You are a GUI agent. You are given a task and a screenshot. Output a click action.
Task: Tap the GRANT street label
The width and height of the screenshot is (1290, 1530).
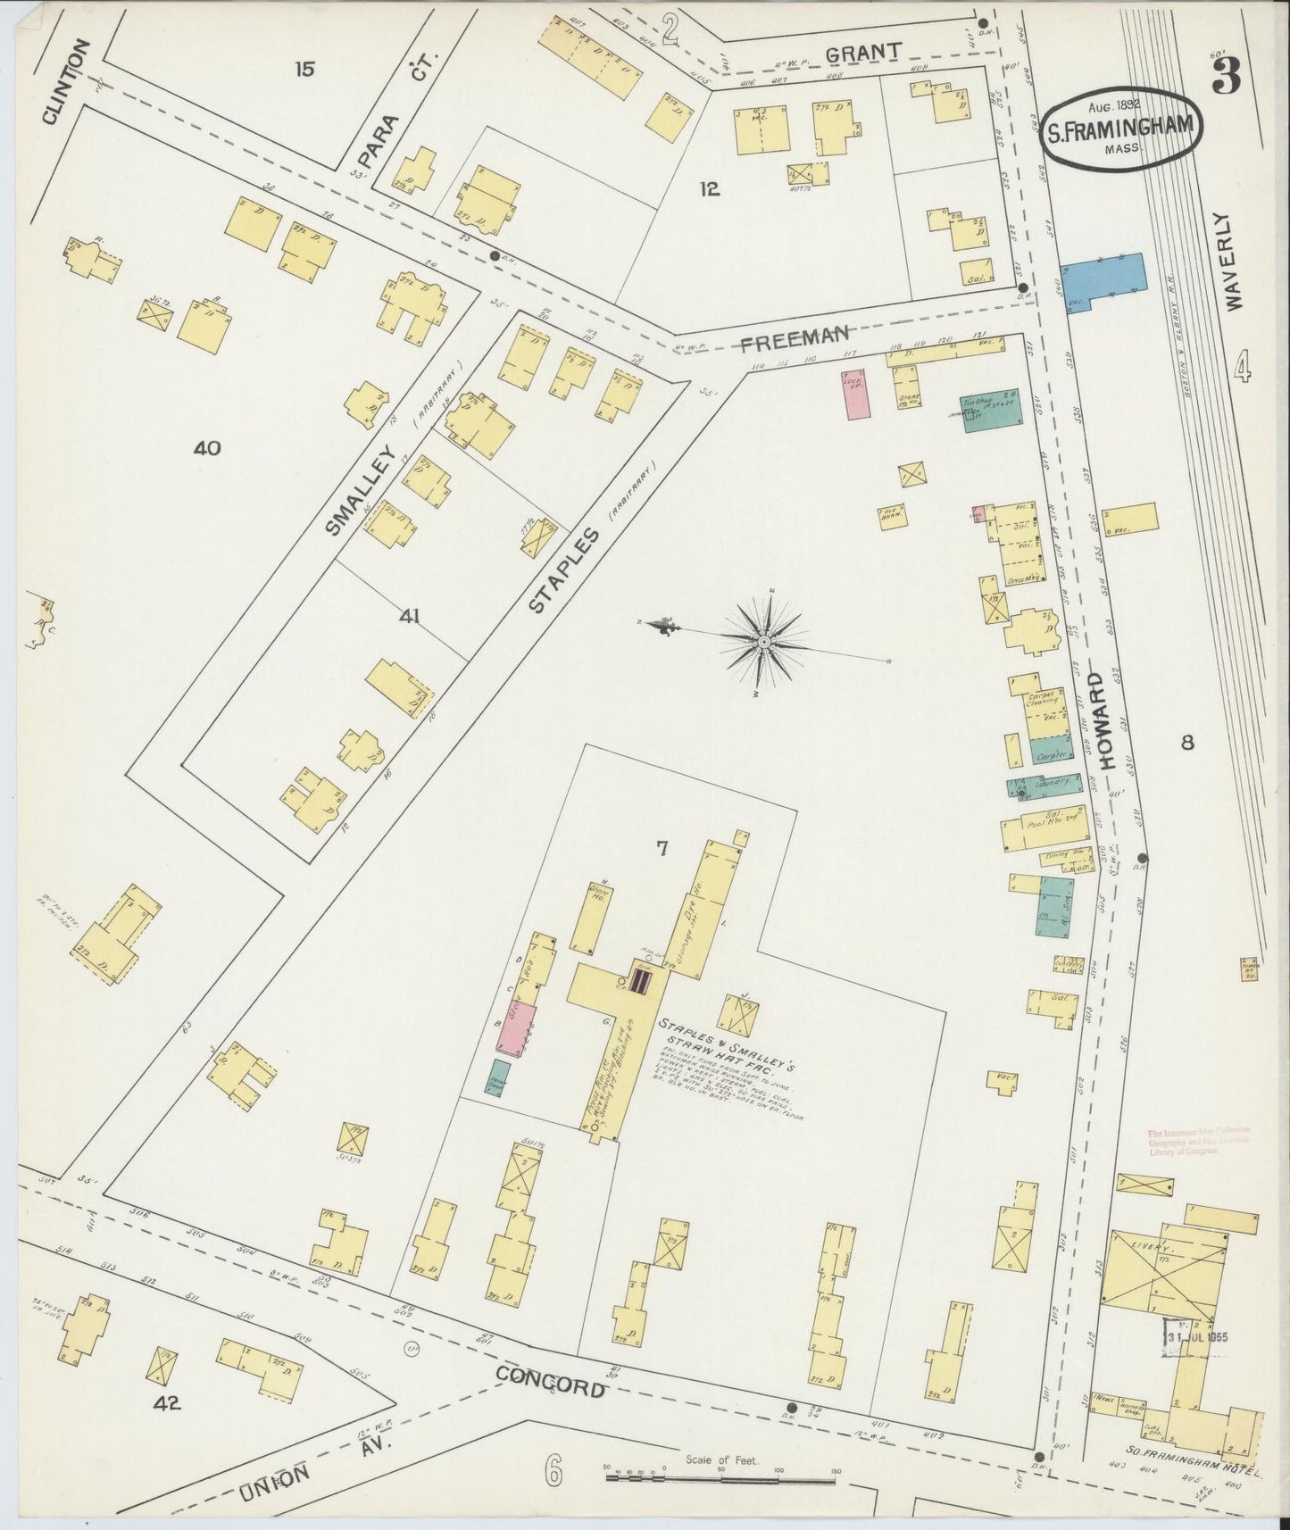(x=861, y=53)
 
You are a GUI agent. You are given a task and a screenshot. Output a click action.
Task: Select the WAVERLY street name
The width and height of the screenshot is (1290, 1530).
(x=1235, y=260)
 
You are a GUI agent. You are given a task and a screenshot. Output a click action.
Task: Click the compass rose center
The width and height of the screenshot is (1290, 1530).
(x=765, y=642)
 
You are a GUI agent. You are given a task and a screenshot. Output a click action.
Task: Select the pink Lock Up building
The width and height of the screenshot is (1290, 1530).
(x=856, y=394)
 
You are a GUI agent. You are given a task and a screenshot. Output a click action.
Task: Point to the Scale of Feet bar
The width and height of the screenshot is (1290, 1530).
(x=720, y=1476)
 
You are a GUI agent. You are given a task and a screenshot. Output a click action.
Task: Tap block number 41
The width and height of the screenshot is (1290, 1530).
(x=410, y=616)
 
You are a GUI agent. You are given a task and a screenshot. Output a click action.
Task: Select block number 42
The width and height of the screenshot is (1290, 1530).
(x=167, y=1402)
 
